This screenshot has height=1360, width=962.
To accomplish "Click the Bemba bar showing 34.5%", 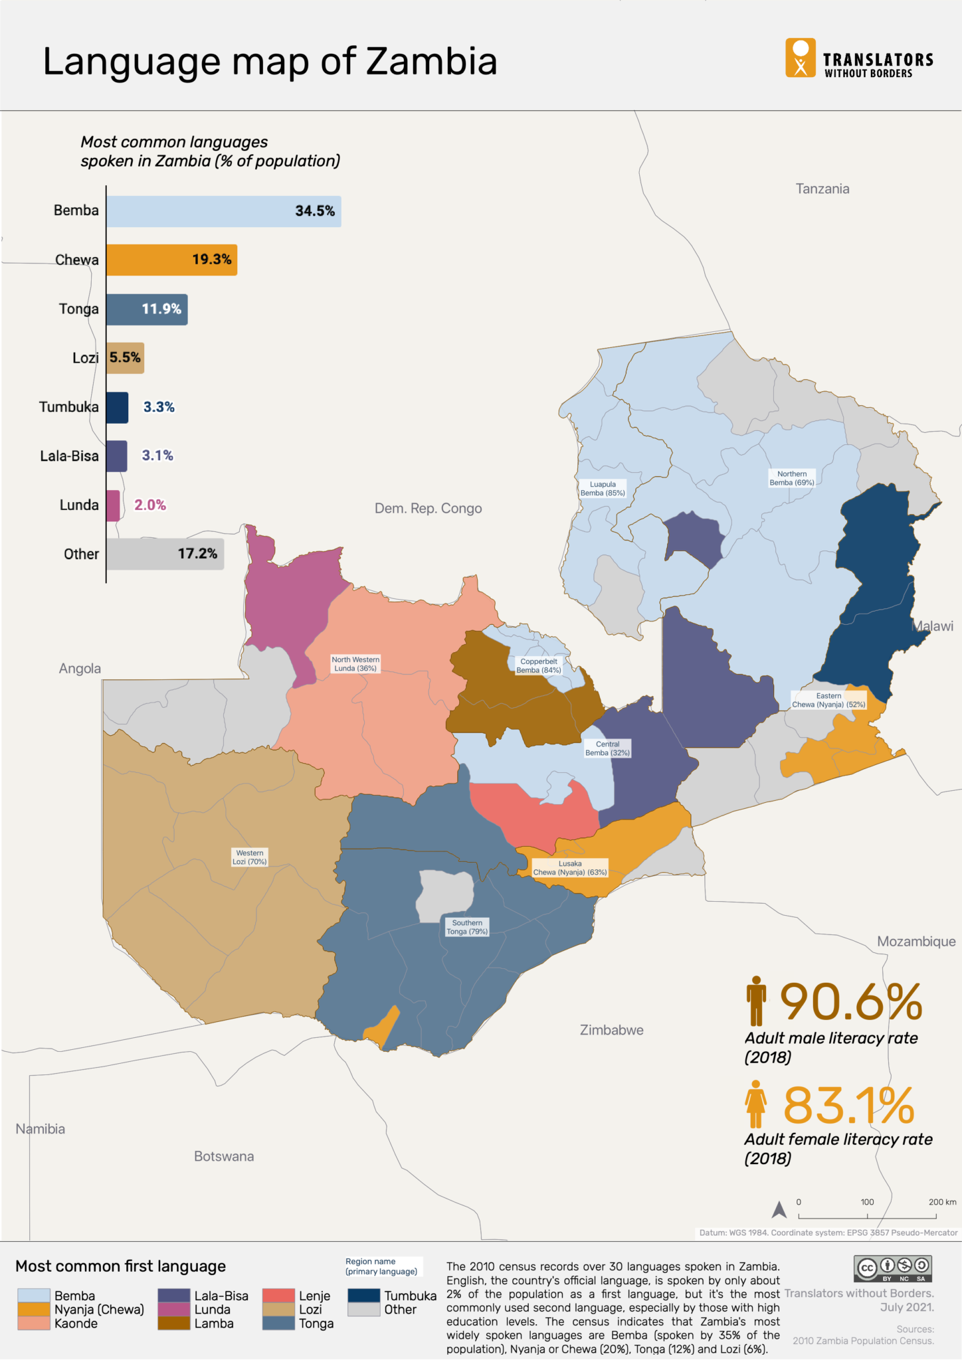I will coord(223,211).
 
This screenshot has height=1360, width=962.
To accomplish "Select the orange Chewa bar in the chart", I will coord(171,260).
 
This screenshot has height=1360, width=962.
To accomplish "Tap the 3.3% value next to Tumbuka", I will coord(159,407).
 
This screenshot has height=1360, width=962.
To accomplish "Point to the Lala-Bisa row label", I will coord(69,456).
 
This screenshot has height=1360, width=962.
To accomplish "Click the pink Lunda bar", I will coord(113,505).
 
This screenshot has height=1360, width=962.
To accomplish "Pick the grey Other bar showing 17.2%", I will coord(165,554).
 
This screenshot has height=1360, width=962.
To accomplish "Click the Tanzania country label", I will coord(822,189).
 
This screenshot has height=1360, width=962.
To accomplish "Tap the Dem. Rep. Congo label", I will coord(428,509).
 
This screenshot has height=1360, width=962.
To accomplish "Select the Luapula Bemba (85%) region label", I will coord(603,489).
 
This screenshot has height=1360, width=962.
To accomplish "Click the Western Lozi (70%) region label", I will coord(249,857).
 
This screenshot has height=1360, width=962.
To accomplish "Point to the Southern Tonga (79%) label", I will coord(467,927).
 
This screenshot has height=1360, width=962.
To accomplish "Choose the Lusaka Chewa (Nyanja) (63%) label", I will coord(570,868).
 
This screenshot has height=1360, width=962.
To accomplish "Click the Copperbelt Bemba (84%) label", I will coord(539,666).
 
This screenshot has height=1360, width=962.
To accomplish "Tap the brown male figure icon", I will coord(755,1001).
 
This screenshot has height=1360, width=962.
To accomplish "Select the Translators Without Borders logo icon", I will coord(800,58).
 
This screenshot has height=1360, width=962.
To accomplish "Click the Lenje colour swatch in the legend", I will coord(278,1296).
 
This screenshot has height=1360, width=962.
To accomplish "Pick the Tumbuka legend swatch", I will coord(363,1296).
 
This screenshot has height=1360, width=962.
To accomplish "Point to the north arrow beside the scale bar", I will coord(779,1210).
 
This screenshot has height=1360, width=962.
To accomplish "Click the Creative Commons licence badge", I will coord(893,1268).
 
